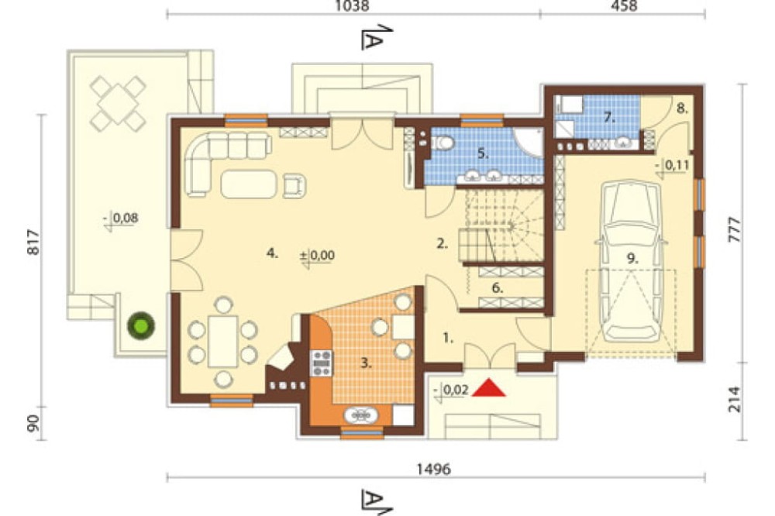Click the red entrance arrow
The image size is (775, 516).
click(x=489, y=388)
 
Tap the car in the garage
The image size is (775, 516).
click(x=631, y=260)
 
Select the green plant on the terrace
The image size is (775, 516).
click(x=141, y=325)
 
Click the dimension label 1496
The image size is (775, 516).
click(x=434, y=469)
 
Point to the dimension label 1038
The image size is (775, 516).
click(x=352, y=6)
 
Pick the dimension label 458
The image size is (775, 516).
click(x=624, y=6)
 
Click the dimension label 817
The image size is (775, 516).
click(x=33, y=242)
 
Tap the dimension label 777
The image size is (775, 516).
click(x=735, y=229)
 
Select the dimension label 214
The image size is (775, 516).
click(x=735, y=399)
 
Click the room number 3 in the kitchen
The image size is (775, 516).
click(x=366, y=364)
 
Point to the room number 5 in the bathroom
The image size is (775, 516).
click(x=483, y=153)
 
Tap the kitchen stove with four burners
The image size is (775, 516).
click(x=322, y=363)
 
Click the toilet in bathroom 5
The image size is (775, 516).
click(x=443, y=143)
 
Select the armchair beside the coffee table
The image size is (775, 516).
click(x=294, y=186)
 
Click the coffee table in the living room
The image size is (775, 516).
click(x=249, y=184)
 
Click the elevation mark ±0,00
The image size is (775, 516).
click(x=317, y=256)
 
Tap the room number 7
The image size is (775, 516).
click(x=608, y=118)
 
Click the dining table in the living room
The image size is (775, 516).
click(x=223, y=342)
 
